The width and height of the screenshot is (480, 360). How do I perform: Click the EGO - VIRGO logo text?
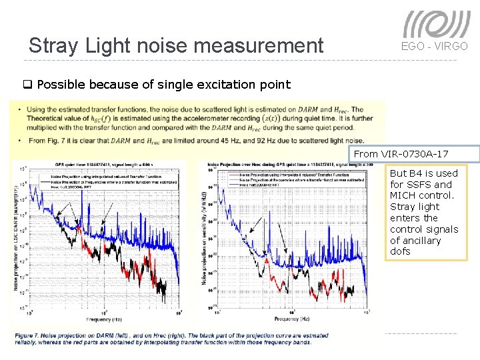(434, 46)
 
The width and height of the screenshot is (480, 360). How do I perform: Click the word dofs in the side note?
(400, 251)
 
